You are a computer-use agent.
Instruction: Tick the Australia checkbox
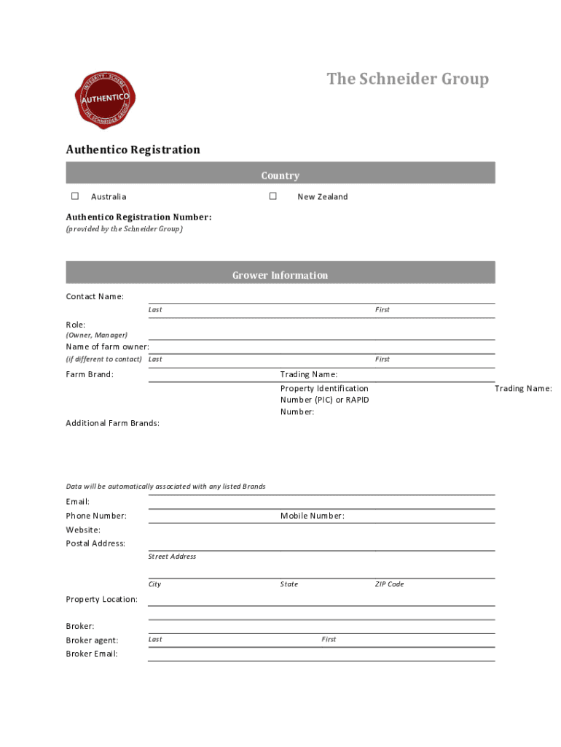[75, 196]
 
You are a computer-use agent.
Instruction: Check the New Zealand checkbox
[273, 196]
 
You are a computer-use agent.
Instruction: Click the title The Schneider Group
[407, 79]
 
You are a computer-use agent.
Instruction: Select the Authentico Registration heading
[133, 150]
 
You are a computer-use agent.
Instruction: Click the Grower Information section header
[280, 275]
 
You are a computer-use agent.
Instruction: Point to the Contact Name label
[95, 296]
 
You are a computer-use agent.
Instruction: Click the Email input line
[321, 503]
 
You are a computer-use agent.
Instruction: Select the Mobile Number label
[312, 516]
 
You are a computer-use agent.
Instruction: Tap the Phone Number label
[96, 516]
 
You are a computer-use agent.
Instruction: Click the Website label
[83, 530]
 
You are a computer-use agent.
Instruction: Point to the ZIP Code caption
[389, 584]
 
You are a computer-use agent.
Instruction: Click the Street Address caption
[172, 557]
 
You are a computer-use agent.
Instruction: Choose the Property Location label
[101, 599]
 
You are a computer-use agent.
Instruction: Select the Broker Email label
[92, 654]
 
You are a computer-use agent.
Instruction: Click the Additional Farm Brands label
[113, 423]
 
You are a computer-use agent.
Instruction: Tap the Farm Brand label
[90, 374]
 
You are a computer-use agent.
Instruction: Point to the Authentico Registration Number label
[138, 217]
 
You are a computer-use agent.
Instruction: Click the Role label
[76, 325]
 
